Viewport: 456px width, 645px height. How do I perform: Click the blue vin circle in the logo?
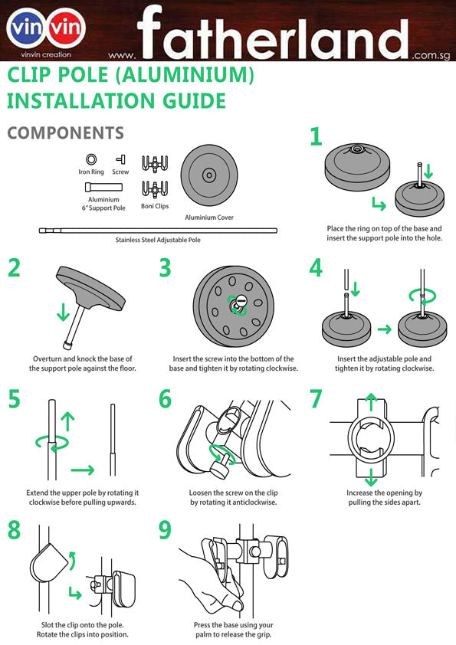point(26,28)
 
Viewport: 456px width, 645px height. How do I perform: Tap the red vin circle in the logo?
point(67,28)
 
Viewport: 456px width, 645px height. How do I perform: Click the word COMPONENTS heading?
point(66,133)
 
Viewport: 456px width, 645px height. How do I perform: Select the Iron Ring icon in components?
point(91,159)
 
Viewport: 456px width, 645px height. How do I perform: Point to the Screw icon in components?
point(120,159)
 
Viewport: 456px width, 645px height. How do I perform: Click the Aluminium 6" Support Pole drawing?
point(103,187)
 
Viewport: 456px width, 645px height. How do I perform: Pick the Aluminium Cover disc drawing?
point(209,175)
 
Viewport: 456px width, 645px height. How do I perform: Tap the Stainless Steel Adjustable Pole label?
point(158,240)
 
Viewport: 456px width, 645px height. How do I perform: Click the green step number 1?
point(316,136)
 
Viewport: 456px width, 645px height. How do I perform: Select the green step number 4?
point(316,268)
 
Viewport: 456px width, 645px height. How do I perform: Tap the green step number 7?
point(316,398)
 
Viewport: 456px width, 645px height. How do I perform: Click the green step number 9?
point(165,530)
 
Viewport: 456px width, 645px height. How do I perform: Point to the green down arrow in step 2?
point(63,312)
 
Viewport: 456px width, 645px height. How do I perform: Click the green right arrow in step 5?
point(83,470)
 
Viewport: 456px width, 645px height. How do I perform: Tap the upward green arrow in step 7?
point(371,402)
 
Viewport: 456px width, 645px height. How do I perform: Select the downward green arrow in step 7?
point(371,477)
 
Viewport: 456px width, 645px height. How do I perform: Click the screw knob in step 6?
point(219,468)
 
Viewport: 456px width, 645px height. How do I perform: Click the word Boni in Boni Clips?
point(147,206)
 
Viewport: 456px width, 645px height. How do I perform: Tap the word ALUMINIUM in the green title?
point(185,75)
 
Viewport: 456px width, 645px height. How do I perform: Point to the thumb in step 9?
point(237,604)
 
